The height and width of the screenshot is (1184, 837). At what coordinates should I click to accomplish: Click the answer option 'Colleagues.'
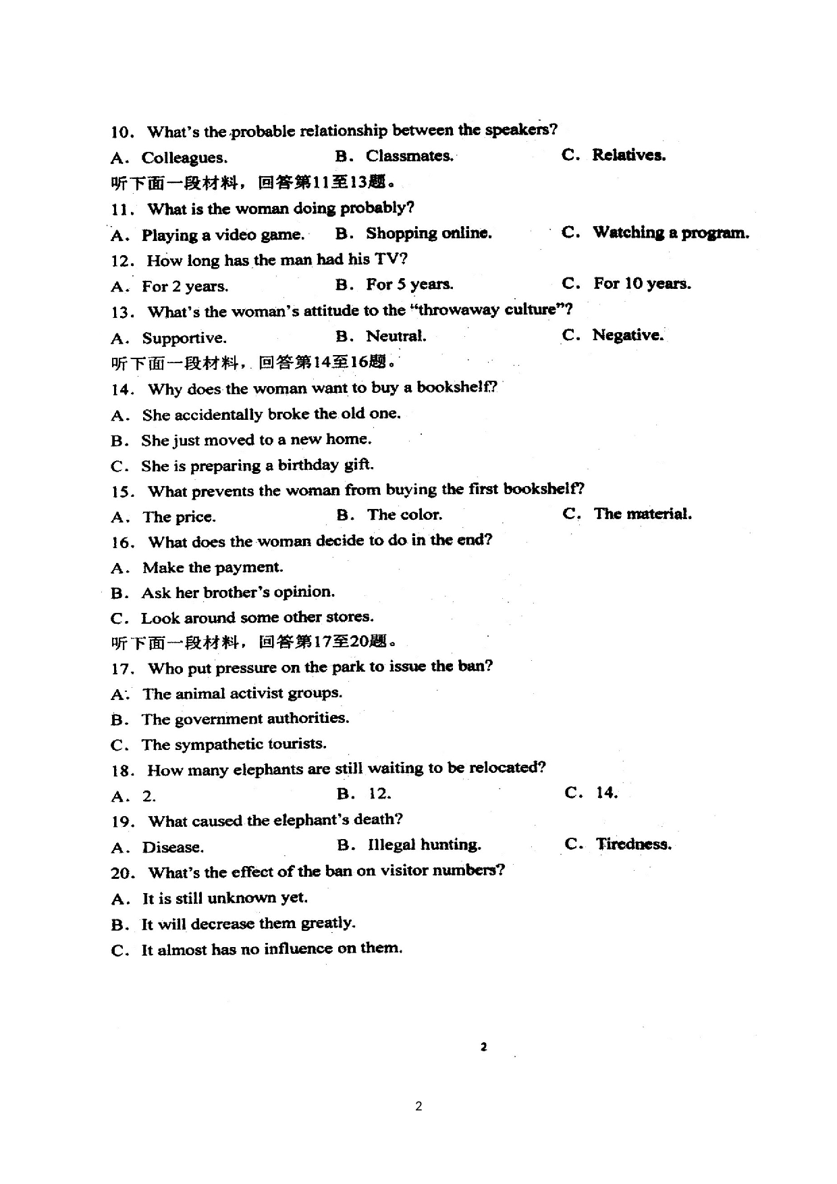click(184, 158)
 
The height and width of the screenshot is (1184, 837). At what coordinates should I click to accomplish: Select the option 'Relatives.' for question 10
click(628, 155)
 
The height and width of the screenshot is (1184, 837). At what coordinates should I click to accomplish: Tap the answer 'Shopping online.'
click(428, 234)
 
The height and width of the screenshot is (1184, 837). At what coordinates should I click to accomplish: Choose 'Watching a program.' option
click(670, 233)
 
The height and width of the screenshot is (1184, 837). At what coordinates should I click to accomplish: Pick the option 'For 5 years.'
click(409, 285)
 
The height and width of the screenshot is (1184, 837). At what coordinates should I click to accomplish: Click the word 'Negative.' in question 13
click(627, 335)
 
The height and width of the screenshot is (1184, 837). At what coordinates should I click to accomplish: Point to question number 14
click(123, 389)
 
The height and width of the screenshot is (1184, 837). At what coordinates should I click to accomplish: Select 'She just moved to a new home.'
click(256, 440)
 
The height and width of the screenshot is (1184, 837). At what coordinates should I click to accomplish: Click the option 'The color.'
click(404, 515)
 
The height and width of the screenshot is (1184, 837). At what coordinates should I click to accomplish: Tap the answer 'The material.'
click(642, 514)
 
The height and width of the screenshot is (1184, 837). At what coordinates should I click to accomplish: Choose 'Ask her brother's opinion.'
click(237, 593)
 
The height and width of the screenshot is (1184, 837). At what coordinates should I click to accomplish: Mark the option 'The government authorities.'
click(244, 719)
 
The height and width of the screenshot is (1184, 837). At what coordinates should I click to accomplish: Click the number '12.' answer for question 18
click(379, 795)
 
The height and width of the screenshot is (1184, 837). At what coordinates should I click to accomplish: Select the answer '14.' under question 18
click(606, 793)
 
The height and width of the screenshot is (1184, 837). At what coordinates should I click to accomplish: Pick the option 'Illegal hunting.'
click(424, 845)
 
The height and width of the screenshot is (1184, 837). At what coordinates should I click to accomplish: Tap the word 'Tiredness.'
click(633, 844)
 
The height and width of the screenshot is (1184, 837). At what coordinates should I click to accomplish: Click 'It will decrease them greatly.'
click(248, 923)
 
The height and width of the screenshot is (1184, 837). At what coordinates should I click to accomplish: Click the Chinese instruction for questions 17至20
click(254, 642)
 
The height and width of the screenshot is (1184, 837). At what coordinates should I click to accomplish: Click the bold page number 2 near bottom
click(483, 1047)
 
